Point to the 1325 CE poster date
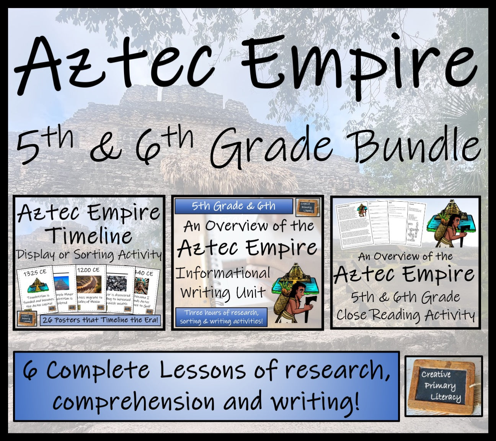(x=35, y=273)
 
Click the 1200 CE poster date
(x=88, y=270)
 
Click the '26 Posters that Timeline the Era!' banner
(x=100, y=320)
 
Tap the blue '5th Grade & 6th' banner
(x=233, y=206)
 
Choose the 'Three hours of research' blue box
(x=221, y=317)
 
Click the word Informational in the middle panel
(x=223, y=273)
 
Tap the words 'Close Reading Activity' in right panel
(x=405, y=315)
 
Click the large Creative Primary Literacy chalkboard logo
(x=443, y=386)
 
